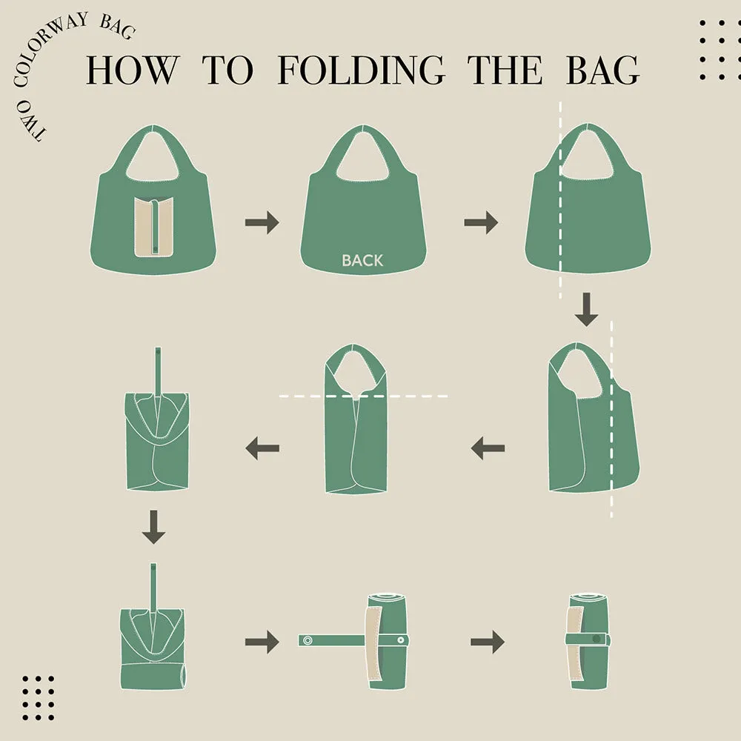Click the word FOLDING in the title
[361, 70]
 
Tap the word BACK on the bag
[362, 260]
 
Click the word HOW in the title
[133, 70]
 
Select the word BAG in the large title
[602, 70]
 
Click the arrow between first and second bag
[262, 222]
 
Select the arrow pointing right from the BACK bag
[481, 222]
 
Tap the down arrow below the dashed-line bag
[586, 309]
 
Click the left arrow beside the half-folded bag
[488, 448]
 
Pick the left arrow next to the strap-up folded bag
[262, 448]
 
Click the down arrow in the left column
[153, 527]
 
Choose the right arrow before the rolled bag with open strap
[262, 642]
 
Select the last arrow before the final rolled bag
[487, 642]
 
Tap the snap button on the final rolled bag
[595, 639]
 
